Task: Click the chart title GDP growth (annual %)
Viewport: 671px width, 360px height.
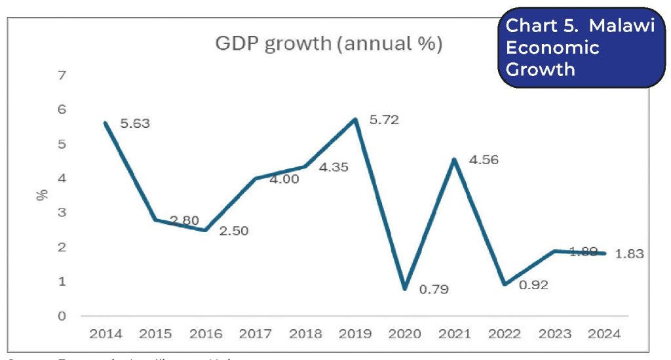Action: [x=328, y=45]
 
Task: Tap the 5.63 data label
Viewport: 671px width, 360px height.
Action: [x=136, y=123]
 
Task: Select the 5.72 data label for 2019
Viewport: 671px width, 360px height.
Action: [x=385, y=120]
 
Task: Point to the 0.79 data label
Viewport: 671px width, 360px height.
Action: [x=434, y=289]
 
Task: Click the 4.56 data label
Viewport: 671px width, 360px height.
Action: [x=484, y=159]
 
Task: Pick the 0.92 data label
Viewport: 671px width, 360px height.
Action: [x=533, y=285]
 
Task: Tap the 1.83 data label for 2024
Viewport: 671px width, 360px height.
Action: [x=630, y=254]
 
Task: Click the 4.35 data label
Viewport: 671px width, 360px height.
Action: [x=334, y=167]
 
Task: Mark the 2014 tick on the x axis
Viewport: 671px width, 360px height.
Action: [x=105, y=334]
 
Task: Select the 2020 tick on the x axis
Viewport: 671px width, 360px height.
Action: [x=404, y=334]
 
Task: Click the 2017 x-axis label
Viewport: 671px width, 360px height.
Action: [x=255, y=334]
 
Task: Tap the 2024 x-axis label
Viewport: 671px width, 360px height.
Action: [x=604, y=334]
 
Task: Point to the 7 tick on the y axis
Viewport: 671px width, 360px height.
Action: [x=62, y=75]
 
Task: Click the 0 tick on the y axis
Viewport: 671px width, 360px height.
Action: [x=62, y=316]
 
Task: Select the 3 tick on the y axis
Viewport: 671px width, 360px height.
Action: [x=62, y=213]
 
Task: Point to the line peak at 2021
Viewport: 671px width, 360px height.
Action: [x=454, y=159]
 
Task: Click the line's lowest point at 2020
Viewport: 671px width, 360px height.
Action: [x=404, y=289]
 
